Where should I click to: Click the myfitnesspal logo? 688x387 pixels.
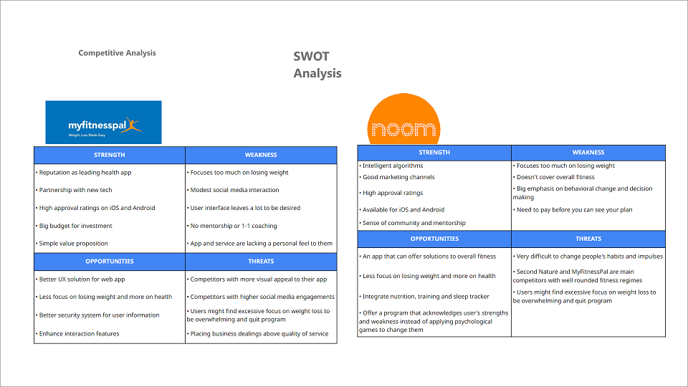click(x=103, y=123)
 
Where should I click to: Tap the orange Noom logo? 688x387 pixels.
click(x=403, y=119)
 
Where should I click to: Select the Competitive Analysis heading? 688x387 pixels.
click(x=117, y=52)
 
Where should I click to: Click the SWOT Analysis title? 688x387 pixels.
click(x=317, y=64)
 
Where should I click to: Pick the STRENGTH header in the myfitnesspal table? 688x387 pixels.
click(x=109, y=155)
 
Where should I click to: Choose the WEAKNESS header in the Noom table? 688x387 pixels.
click(x=588, y=152)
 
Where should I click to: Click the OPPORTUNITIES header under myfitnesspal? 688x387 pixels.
click(x=109, y=261)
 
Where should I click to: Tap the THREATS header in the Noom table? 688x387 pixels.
click(x=588, y=239)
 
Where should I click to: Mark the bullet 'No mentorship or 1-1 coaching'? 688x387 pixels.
click(x=231, y=226)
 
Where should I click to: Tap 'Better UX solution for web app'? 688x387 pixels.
click(x=80, y=279)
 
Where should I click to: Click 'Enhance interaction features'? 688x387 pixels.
click(x=77, y=333)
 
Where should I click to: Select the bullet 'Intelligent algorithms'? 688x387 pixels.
click(x=391, y=166)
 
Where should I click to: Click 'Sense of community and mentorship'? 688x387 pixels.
click(x=413, y=223)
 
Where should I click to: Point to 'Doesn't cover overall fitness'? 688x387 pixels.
click(x=554, y=177)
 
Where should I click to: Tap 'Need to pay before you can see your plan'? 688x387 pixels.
click(x=573, y=210)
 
